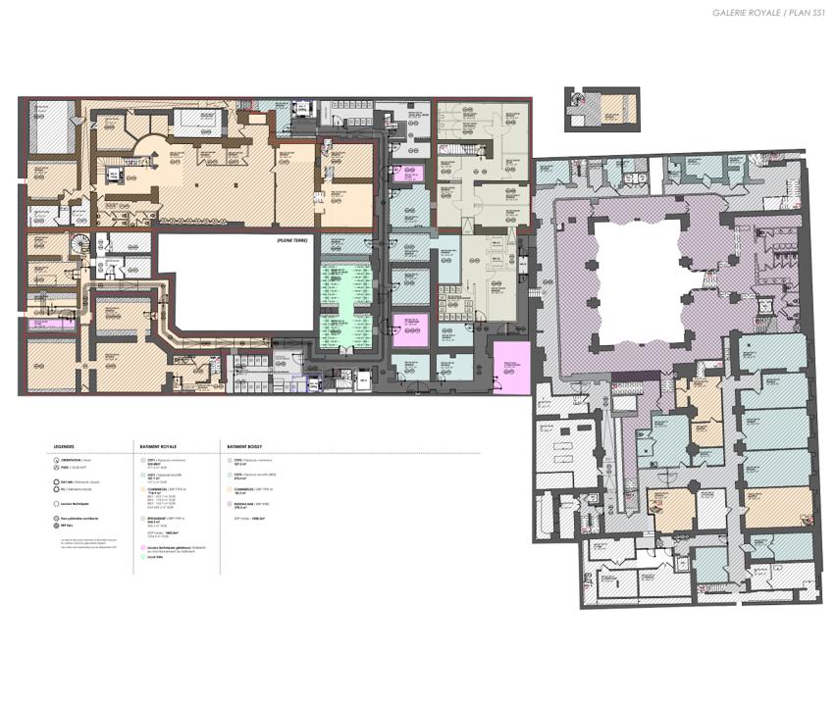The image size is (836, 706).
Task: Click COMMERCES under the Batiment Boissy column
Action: coord(240,487)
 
